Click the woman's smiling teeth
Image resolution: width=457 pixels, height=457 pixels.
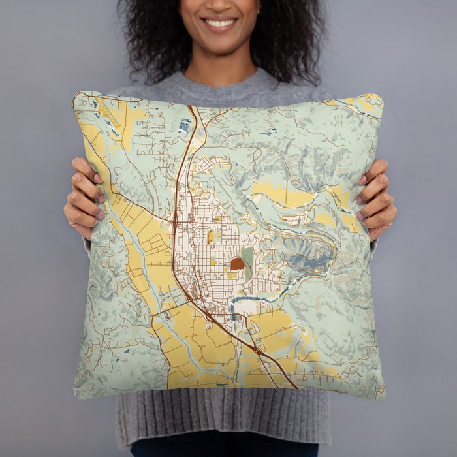point(220,24)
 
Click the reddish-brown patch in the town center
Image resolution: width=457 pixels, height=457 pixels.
point(237,264)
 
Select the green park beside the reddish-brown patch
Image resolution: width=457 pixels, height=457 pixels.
point(247,257)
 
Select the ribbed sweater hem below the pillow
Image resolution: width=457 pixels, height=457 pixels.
point(222,418)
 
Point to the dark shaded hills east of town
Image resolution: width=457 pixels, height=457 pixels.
point(307,255)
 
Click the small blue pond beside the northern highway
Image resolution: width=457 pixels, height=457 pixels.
point(185,126)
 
